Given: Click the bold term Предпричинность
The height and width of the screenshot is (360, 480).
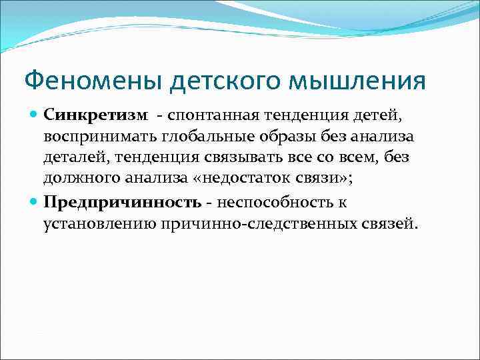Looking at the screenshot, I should [x=122, y=201].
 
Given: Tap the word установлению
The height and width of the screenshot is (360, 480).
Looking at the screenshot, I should [x=99, y=223].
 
